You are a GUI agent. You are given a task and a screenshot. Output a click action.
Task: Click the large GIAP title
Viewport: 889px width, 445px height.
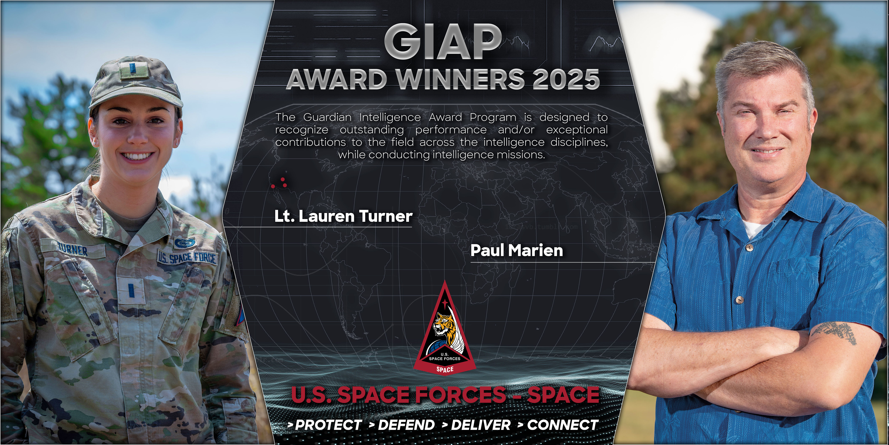(443, 43)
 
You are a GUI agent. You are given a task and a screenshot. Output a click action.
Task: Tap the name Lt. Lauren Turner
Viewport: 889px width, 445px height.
(343, 216)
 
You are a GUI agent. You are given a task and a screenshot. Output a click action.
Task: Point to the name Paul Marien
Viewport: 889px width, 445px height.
(517, 250)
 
